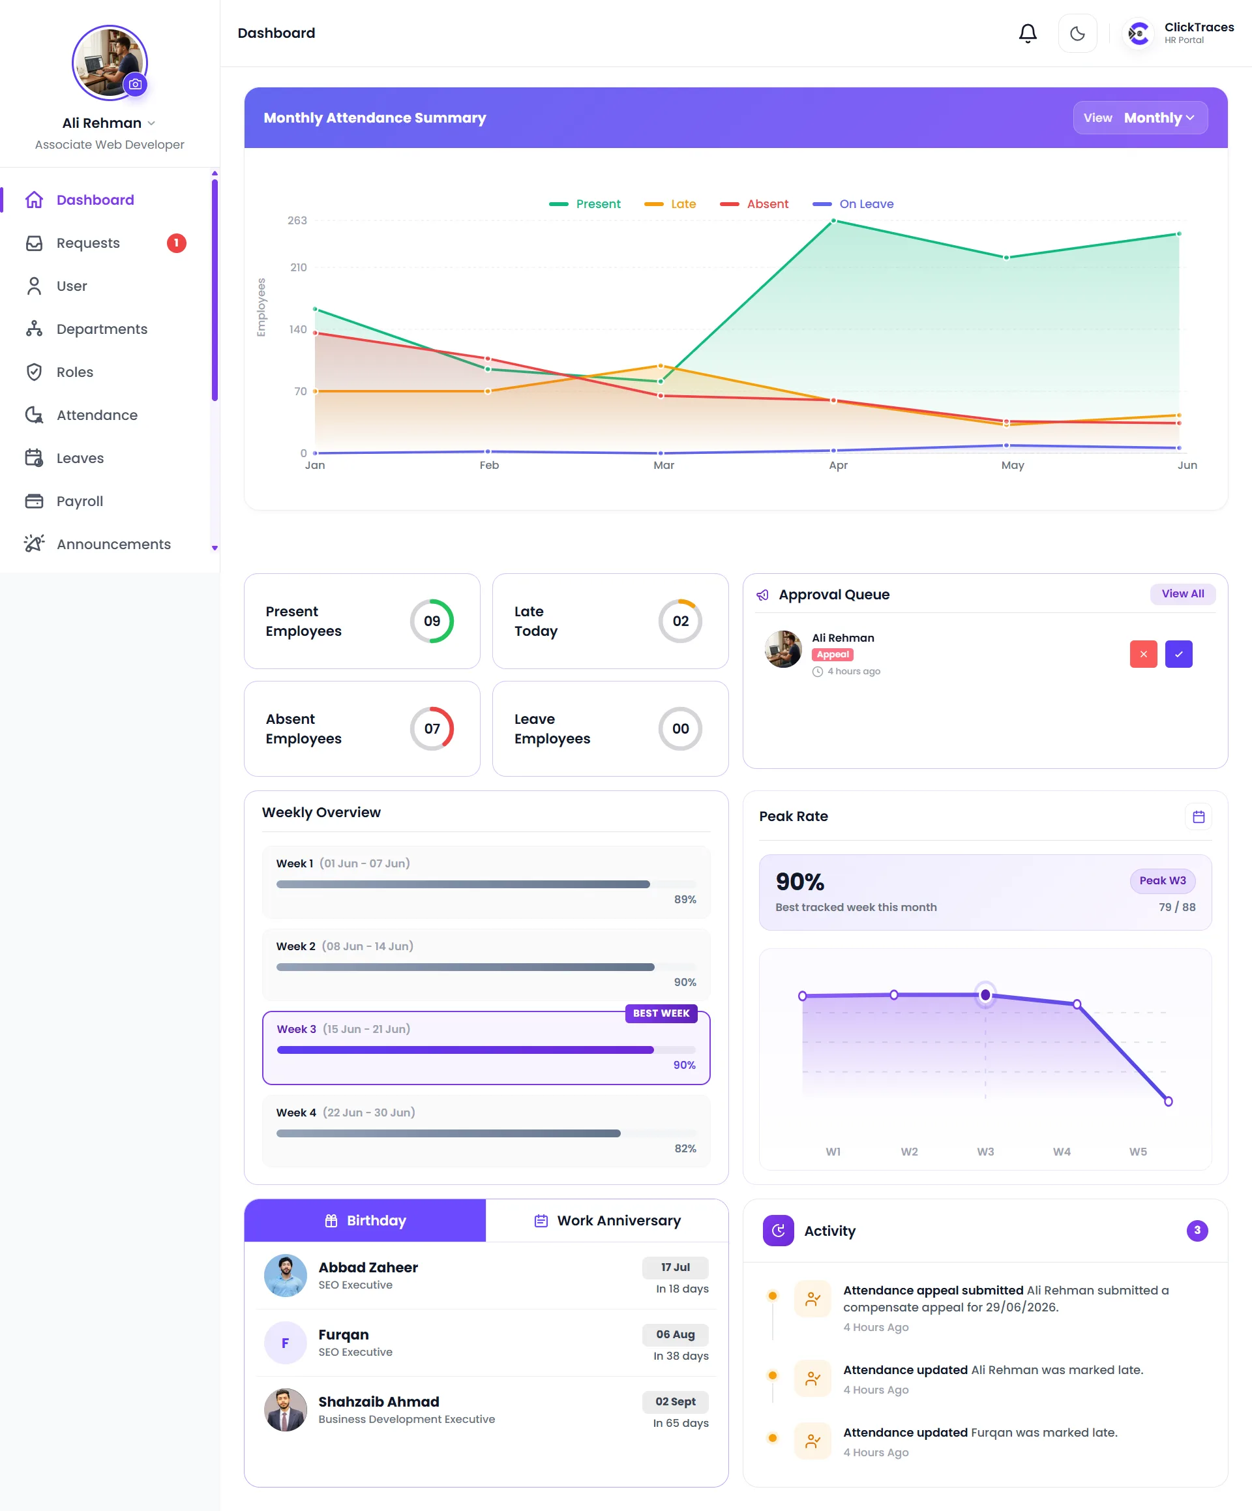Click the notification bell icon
[x=1028, y=33]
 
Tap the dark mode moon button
[x=1077, y=33]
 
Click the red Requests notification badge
[x=176, y=243]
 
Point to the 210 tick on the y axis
[x=298, y=267]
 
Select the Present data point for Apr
[x=833, y=221]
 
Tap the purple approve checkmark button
[x=1178, y=654]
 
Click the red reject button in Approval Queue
[x=1143, y=654]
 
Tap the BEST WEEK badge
[x=661, y=1013]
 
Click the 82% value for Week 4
[x=685, y=1148]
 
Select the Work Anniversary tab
[x=607, y=1220]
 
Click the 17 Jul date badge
[x=675, y=1267]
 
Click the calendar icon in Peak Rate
[x=1198, y=816]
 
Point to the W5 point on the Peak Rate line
[x=1168, y=1101]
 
